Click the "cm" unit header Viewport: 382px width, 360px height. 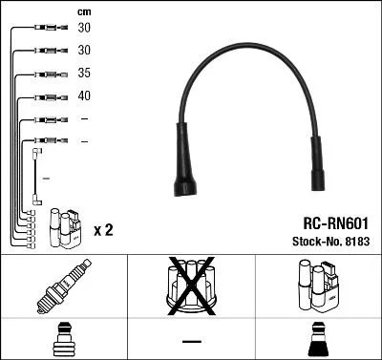tap(84, 11)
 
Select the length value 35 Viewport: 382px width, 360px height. tap(84, 73)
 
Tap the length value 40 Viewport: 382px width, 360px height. tap(84, 95)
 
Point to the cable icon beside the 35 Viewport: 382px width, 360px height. tap(47, 74)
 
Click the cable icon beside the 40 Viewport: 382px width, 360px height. tap(47, 96)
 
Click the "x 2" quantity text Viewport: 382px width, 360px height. tap(104, 230)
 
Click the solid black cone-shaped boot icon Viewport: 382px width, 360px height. tap(319, 339)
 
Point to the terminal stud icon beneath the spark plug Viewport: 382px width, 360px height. tap(63, 339)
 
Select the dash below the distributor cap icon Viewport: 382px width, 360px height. tap(191, 341)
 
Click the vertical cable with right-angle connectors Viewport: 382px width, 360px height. tap(36, 177)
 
